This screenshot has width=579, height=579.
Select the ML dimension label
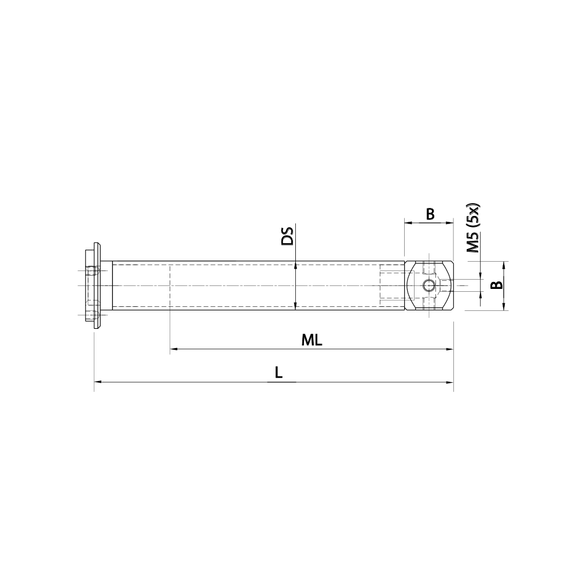[x=312, y=340]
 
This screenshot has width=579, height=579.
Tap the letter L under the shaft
[x=278, y=373]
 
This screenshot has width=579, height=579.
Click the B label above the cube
[x=430, y=214]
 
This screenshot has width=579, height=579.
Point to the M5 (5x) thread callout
[x=474, y=229]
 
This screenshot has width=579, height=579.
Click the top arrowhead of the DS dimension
[x=295, y=266]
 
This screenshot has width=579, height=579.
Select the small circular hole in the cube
[x=428, y=285]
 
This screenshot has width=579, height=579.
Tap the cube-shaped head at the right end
[x=428, y=286]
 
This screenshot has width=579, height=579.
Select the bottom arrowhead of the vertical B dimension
[x=504, y=306]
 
